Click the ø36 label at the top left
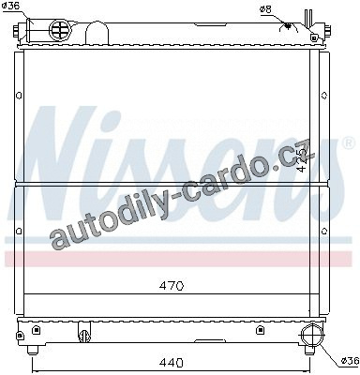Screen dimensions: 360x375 coord(11,6)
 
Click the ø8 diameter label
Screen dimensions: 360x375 coord(265,9)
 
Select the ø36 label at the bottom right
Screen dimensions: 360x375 coord(350,361)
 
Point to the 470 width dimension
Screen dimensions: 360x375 coord(171,286)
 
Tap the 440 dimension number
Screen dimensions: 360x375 coord(171,363)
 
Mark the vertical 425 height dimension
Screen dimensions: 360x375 coord(302,160)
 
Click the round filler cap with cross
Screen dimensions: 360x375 coord(61,30)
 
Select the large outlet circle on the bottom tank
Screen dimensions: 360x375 coord(312,335)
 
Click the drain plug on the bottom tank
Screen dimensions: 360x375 coord(84,336)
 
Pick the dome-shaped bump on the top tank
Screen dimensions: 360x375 coord(97,33)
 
